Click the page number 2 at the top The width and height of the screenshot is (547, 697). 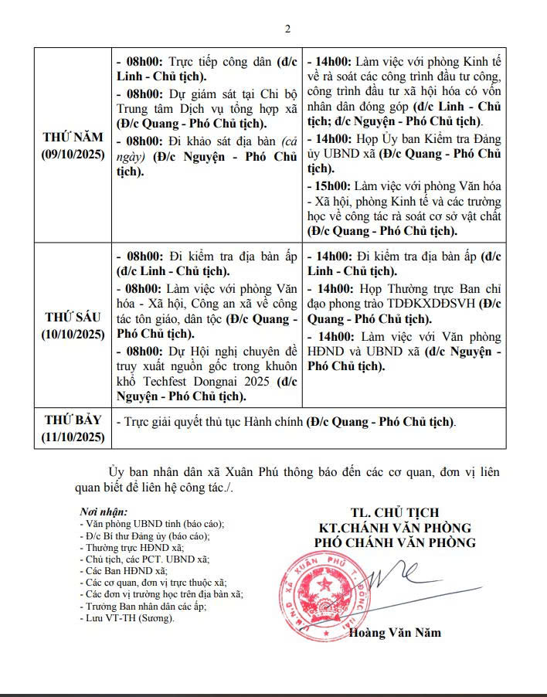tap(287, 30)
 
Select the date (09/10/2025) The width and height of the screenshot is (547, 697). tap(74, 154)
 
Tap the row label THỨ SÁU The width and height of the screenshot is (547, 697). tap(74, 318)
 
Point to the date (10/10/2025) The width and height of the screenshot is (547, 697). tap(74, 334)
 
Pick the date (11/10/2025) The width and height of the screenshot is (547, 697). tap(74, 437)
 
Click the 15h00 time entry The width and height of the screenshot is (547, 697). tap(331, 187)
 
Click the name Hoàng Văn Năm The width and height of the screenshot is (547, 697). tap(395, 633)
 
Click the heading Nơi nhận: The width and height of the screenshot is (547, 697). tap(104, 512)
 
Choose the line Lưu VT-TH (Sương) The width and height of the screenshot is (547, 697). tap(127, 618)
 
